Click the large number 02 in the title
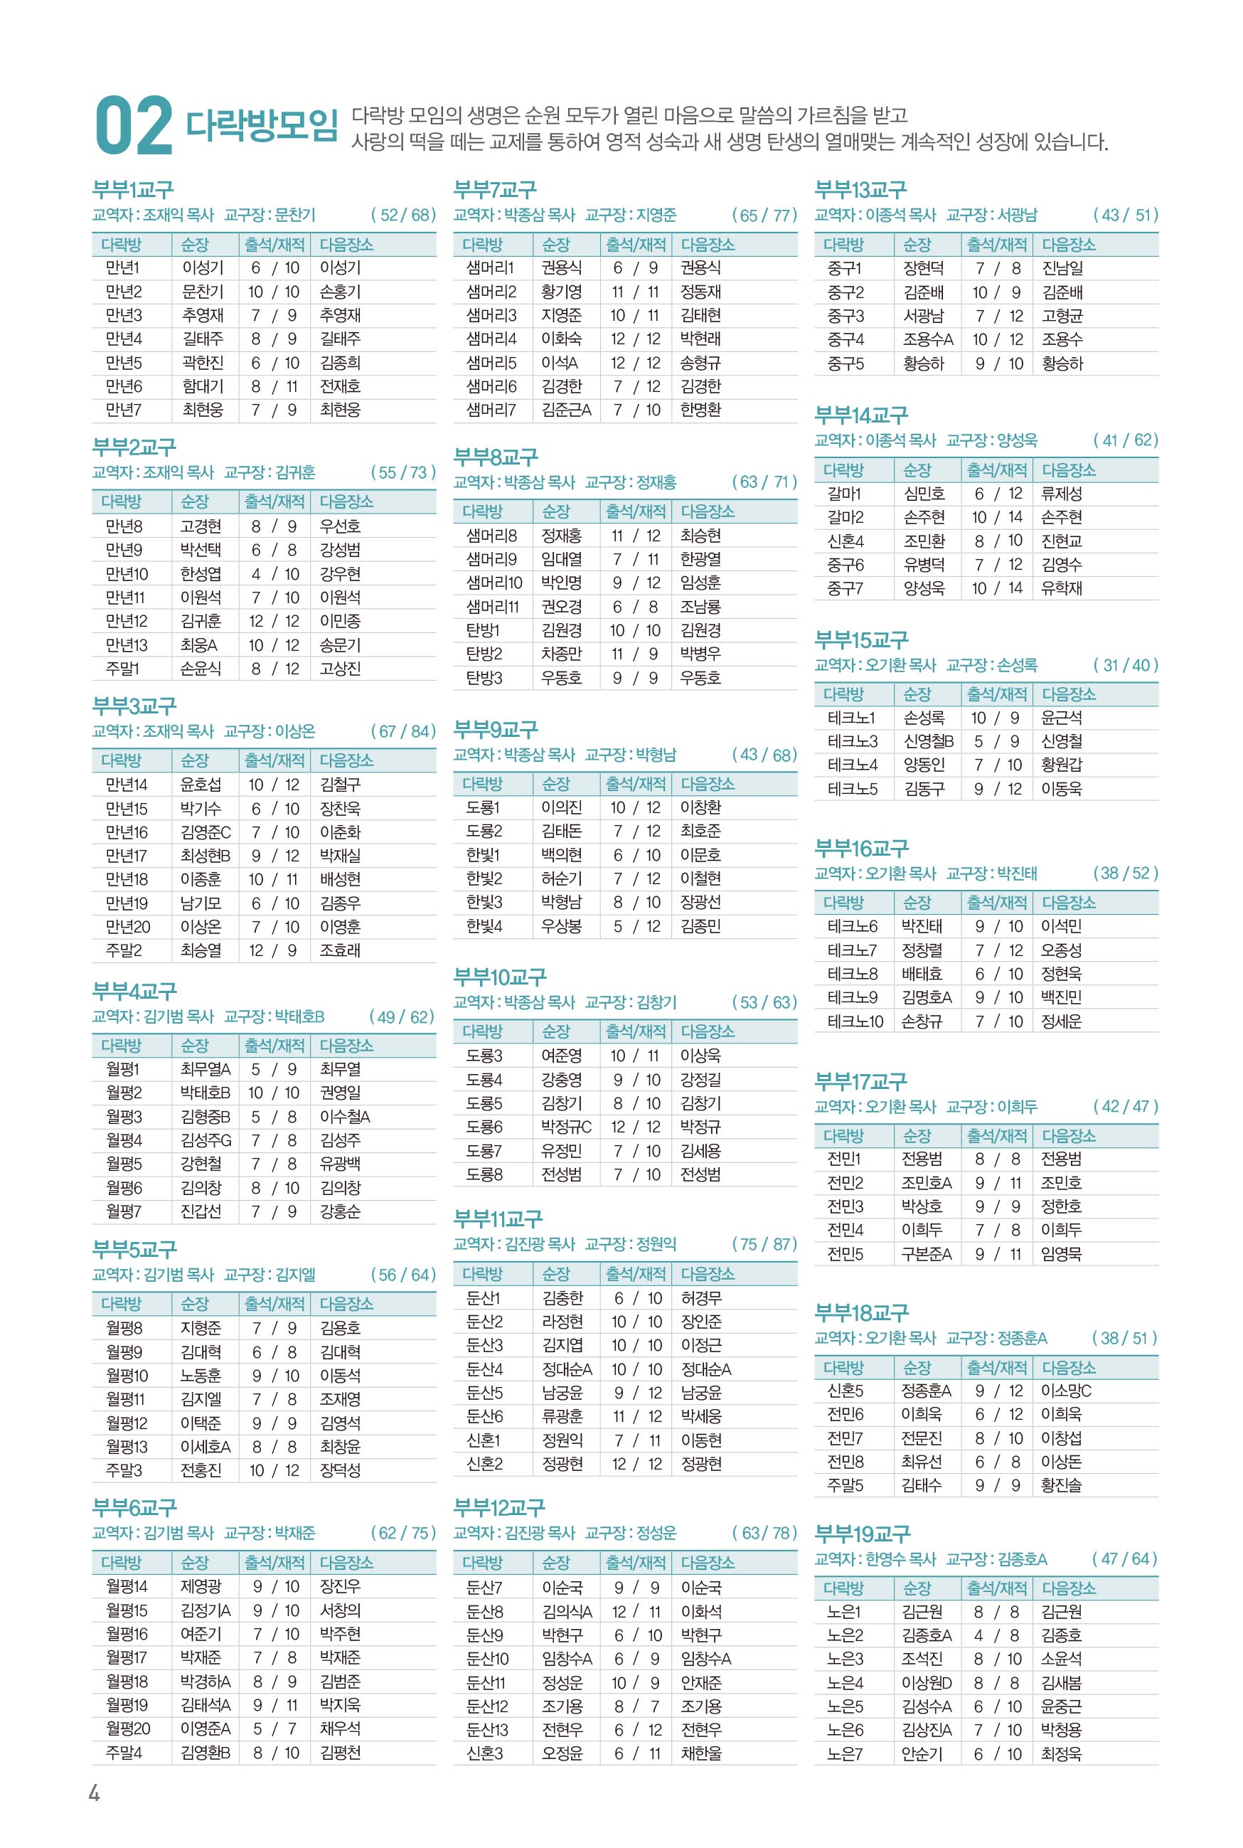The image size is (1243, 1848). point(133,126)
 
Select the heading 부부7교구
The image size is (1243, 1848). point(495,189)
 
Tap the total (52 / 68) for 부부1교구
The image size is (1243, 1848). point(402,215)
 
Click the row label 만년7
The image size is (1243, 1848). point(123,410)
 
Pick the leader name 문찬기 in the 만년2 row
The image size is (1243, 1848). point(202,292)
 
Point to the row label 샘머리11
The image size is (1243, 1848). point(491,607)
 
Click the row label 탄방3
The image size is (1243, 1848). point(484,678)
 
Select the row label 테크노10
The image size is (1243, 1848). point(855,1021)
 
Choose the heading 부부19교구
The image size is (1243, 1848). point(862,1534)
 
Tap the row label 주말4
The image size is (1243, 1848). point(124,1752)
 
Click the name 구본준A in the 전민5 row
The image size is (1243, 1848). point(926,1254)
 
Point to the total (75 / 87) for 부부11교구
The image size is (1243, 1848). point(764,1244)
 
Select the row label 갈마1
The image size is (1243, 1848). point(844,494)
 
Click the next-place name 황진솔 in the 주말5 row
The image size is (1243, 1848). point(1061,1485)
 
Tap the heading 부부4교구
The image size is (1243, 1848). point(134,991)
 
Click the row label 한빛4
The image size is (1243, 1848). point(484,926)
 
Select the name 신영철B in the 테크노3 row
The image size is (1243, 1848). point(928,741)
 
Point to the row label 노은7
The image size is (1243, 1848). point(844,1753)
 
